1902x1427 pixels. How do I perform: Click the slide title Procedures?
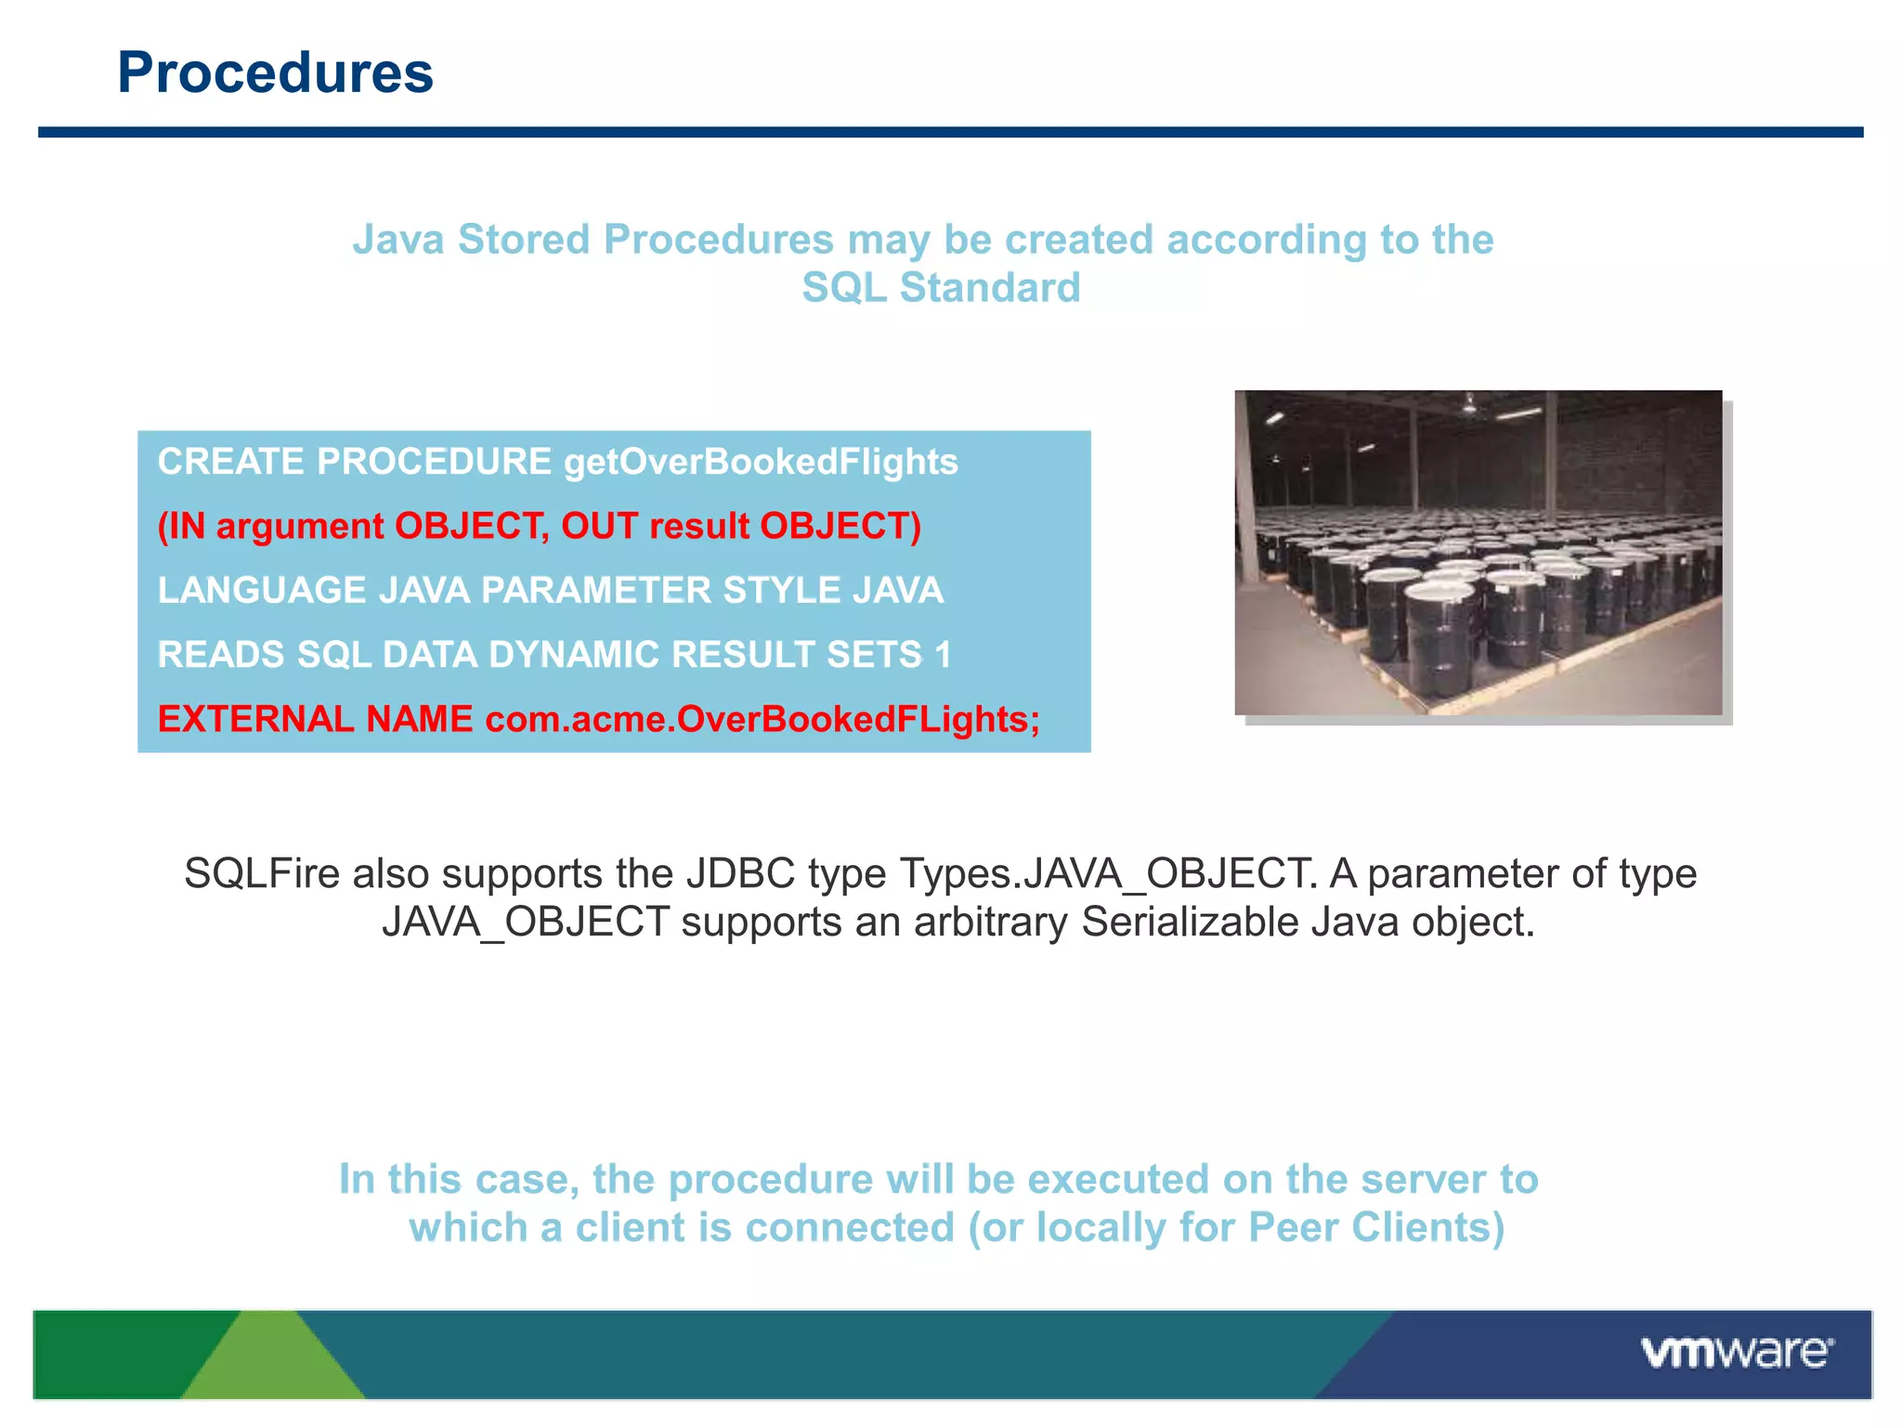(275, 72)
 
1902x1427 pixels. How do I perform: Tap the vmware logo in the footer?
(1737, 1353)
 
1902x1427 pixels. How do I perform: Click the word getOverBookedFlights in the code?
(761, 462)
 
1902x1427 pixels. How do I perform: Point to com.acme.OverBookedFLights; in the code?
(762, 719)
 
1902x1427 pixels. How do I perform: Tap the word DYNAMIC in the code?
(572, 655)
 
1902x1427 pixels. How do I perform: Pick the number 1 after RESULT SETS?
(944, 655)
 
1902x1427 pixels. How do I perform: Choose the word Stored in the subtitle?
(524, 240)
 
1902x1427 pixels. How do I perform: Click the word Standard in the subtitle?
(990, 288)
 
